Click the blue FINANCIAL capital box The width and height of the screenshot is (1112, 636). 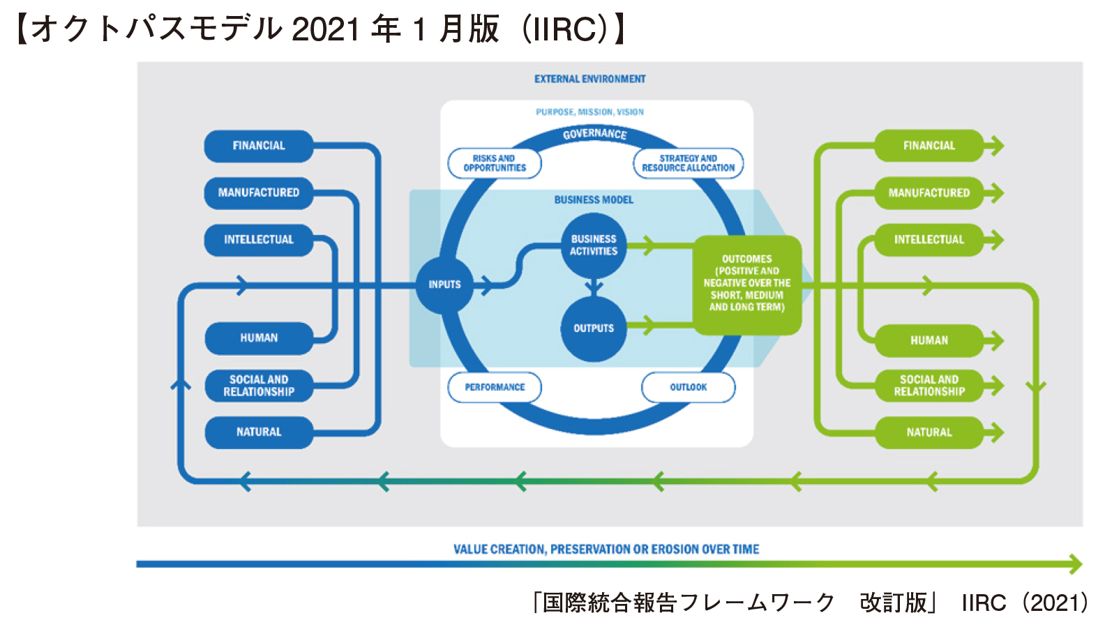click(259, 146)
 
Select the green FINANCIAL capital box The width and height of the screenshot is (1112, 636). click(929, 146)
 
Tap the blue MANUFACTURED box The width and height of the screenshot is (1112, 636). click(259, 193)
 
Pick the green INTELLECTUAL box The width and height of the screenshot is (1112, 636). click(929, 240)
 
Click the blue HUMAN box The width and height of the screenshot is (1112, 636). click(259, 338)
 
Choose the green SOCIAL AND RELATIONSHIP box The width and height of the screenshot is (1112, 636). click(929, 386)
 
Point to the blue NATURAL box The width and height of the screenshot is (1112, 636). click(259, 432)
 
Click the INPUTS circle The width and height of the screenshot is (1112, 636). click(444, 285)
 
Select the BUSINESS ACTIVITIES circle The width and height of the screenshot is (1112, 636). click(593, 245)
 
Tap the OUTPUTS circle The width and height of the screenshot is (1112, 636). click(593, 328)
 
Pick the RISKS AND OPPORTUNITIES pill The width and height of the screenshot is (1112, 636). click(495, 163)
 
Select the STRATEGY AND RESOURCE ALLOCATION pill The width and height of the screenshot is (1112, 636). click(688, 163)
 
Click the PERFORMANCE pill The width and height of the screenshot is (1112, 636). click(495, 388)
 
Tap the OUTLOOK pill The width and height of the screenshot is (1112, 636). click(688, 388)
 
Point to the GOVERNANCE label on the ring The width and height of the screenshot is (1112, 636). click(595, 134)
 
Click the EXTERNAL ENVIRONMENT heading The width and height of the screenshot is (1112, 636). click(589, 79)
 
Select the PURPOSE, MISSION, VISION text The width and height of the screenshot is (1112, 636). click(589, 112)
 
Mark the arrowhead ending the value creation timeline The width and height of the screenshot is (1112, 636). click(1075, 564)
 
